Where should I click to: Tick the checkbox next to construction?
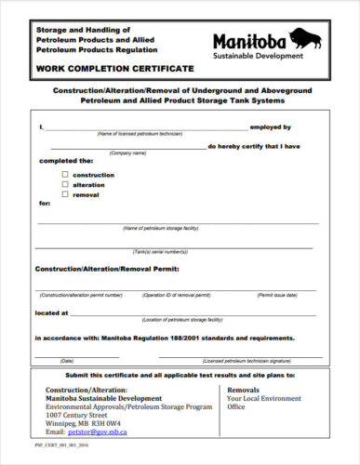tap(65, 174)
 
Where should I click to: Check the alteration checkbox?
tap(65, 184)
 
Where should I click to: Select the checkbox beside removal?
tap(65, 194)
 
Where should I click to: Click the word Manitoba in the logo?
tap(249, 41)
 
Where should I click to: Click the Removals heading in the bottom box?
tap(243, 390)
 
